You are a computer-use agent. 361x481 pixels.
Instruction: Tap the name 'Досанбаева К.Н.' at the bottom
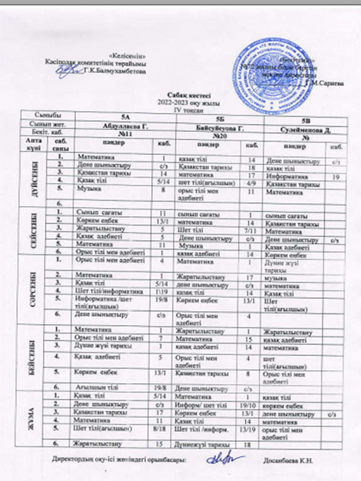pos(288,459)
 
